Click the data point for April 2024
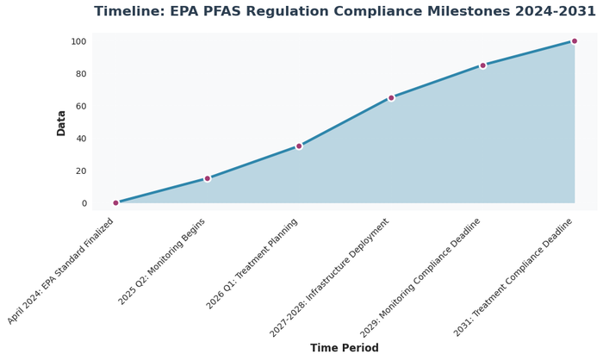pos(115,203)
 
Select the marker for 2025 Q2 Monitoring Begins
pos(207,178)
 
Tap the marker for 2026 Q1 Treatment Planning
pos(299,146)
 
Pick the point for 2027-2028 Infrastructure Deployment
pos(391,97)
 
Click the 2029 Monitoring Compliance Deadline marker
pos(482,65)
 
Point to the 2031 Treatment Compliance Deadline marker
pos(575,41)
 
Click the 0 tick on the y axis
pos(83,203)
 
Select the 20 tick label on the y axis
pos(79,171)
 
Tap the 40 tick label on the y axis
pos(79,139)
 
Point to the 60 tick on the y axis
pos(79,106)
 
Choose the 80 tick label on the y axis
pos(79,74)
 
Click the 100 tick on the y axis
pos(78,41)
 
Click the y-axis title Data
pos(61,122)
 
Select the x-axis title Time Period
pos(345,349)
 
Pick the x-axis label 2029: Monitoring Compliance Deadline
pos(420,276)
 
